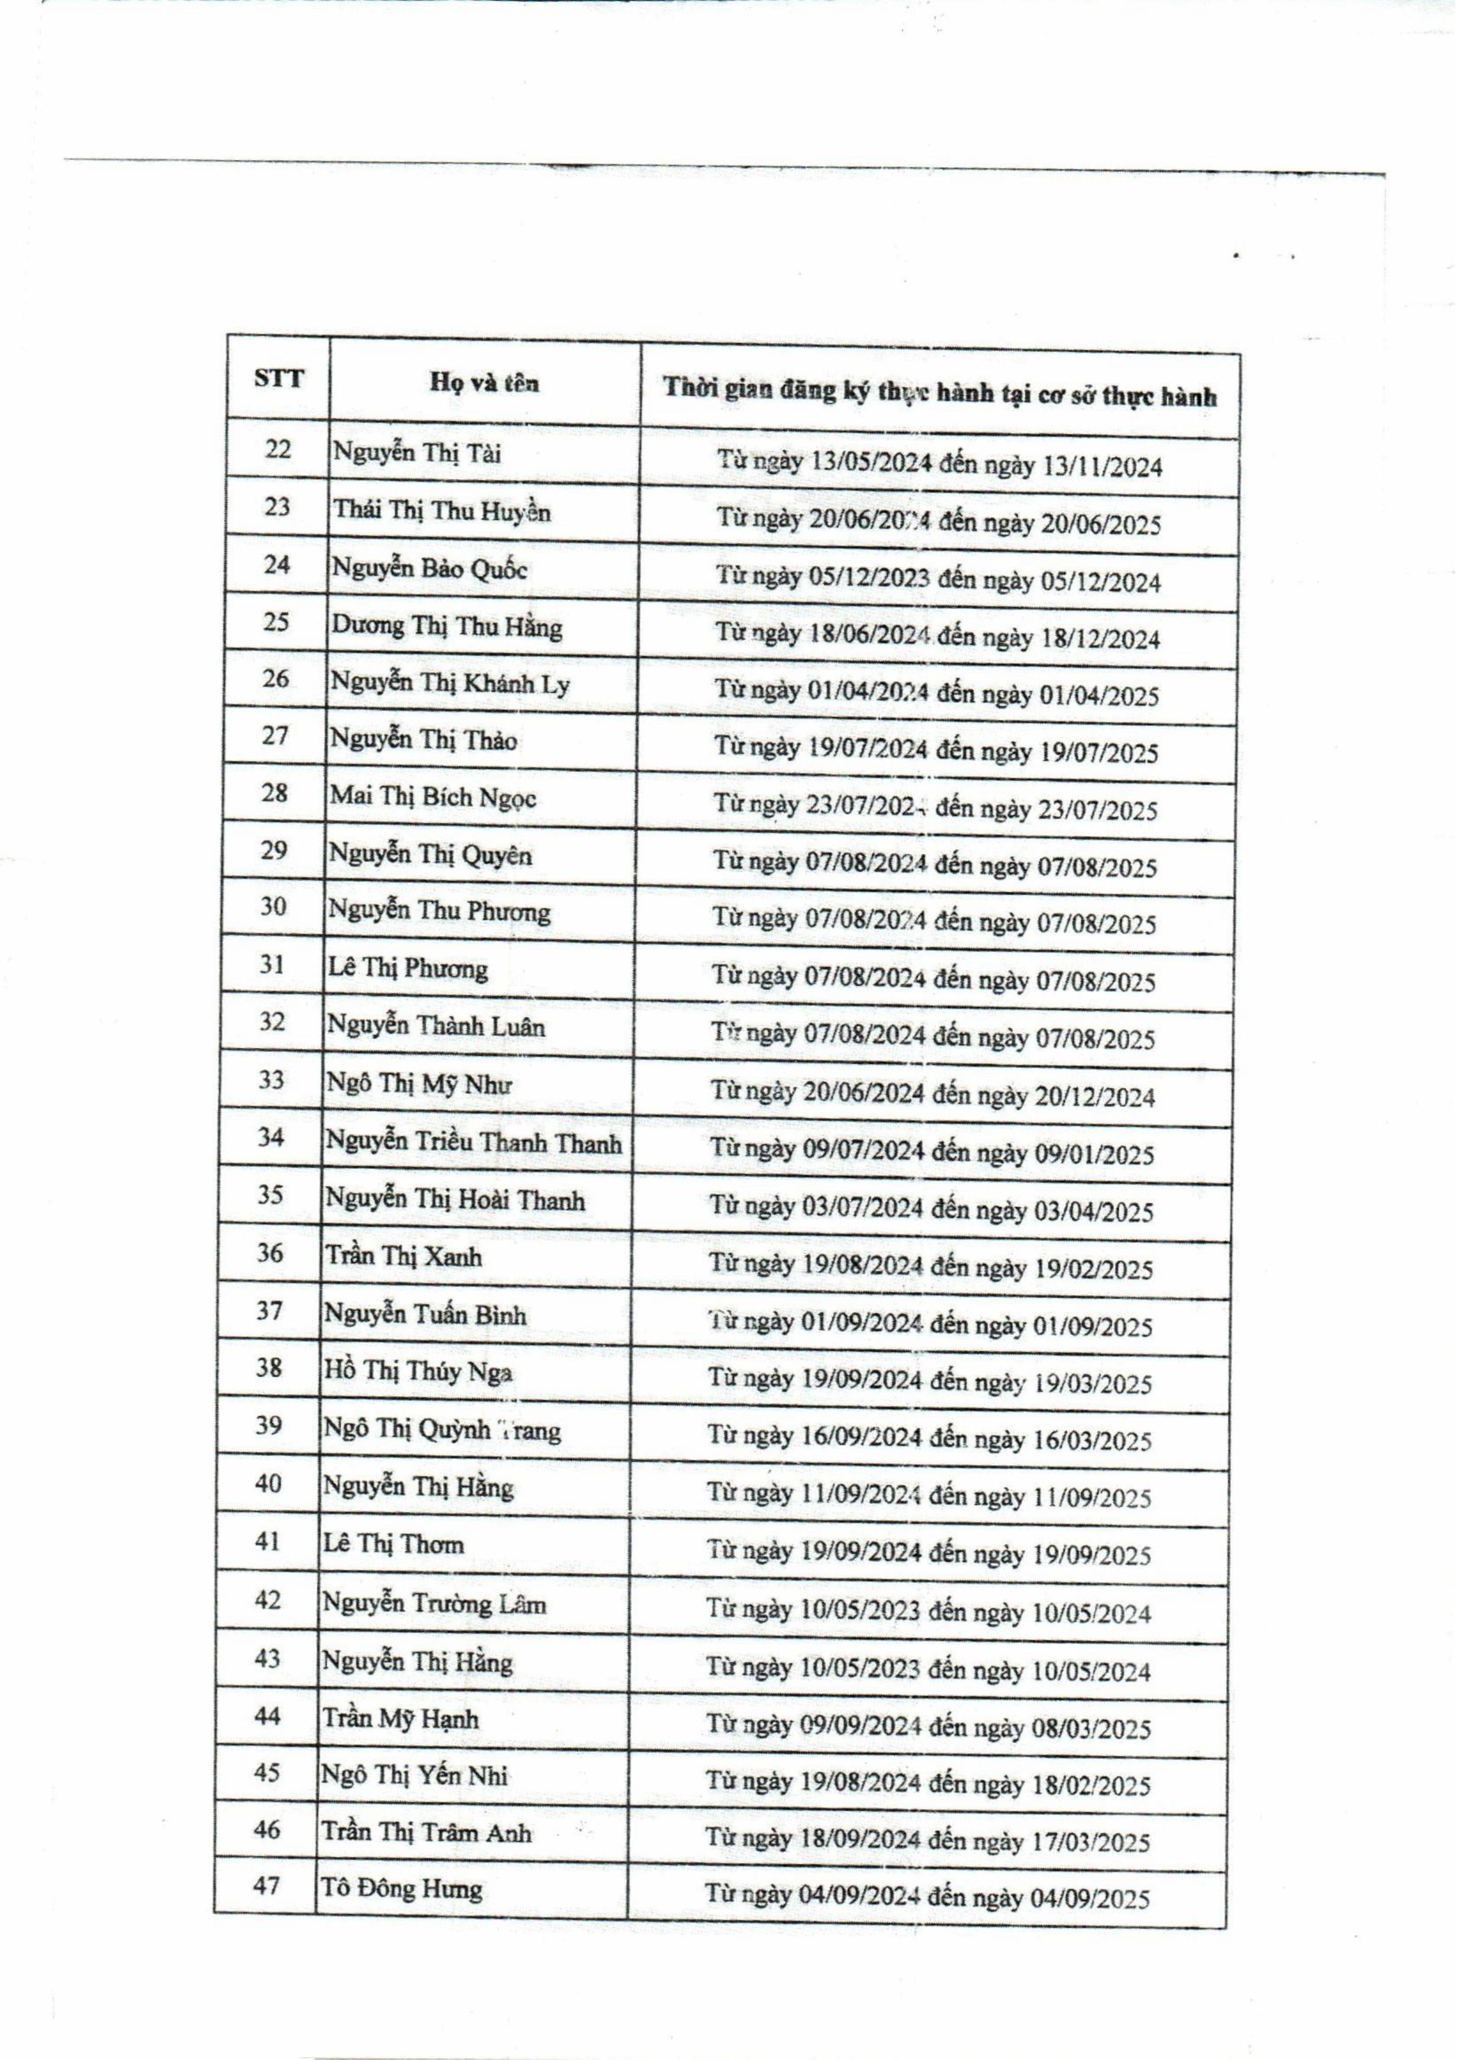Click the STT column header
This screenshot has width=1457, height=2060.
coord(278,378)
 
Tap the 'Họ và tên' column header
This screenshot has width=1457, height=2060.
coord(484,383)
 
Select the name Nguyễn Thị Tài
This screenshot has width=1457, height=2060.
coord(417,453)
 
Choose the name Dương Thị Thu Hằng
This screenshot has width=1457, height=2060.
coord(447,626)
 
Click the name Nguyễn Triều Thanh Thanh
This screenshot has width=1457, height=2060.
coord(474,1143)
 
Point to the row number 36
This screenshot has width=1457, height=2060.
coord(270,1253)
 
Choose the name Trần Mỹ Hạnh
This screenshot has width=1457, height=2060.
coord(400,1719)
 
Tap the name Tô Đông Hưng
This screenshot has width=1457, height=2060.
coord(402,1889)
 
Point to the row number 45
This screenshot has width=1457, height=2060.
coord(268,1772)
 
